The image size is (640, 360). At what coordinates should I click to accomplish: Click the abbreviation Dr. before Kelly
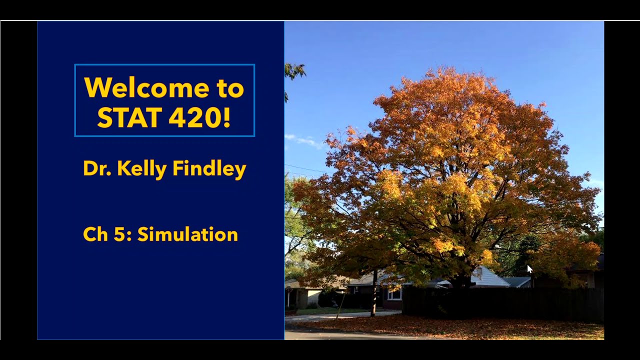tap(97, 168)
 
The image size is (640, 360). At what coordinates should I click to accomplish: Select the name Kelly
tap(142, 169)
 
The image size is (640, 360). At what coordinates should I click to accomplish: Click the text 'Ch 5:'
tap(107, 234)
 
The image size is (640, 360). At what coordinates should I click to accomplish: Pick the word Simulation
tap(187, 234)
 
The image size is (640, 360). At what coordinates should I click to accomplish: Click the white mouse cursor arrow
tap(529, 269)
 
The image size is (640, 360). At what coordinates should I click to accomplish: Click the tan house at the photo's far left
tap(300, 295)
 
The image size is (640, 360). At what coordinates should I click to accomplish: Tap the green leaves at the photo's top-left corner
tap(294, 71)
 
